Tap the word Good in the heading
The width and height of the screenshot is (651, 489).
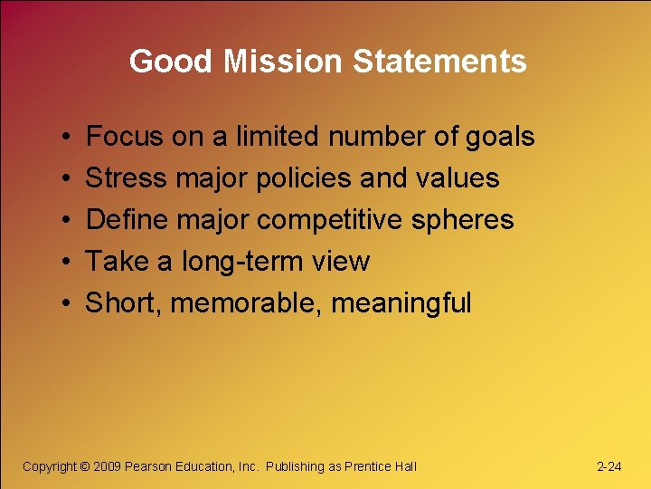[171, 62]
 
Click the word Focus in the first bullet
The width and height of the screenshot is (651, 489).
[124, 137]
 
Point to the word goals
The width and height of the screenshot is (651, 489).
[499, 137]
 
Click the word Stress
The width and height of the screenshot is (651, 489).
[126, 178]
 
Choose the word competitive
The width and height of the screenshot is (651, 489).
[345, 220]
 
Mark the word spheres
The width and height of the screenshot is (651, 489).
[476, 220]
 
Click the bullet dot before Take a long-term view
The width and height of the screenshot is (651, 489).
[69, 263]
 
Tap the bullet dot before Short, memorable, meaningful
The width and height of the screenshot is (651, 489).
[69, 304]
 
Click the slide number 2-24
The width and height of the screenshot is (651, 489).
[609, 466]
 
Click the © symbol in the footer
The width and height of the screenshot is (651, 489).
[85, 466]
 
